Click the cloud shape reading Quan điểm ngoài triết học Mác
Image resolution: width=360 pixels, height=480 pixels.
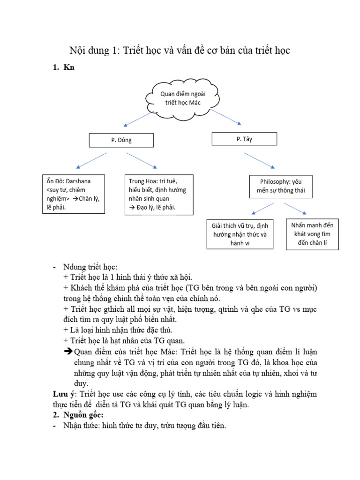[x=182, y=98]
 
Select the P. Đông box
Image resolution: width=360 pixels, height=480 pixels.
[x=121, y=140]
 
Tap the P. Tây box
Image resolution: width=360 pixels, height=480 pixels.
[x=244, y=139]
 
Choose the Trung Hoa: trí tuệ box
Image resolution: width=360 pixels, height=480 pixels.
[x=159, y=195]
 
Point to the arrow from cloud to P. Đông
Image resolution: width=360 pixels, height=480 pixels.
[x=138, y=119]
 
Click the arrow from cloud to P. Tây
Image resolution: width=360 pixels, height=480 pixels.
[x=225, y=118]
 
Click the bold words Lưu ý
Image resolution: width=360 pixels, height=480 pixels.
[x=62, y=394]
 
